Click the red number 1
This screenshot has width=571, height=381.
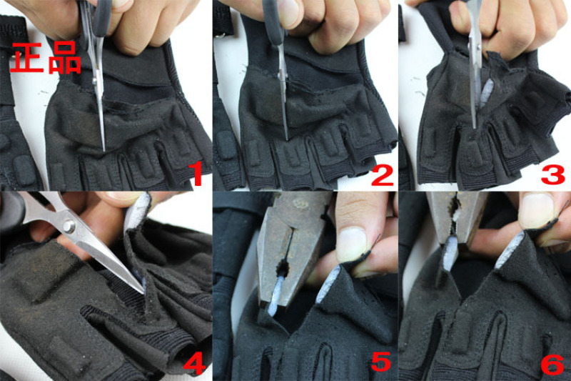[198, 174]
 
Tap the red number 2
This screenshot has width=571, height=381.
[382, 174]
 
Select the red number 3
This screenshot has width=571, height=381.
[553, 174]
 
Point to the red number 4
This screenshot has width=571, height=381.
[194, 362]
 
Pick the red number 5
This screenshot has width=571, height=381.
[381, 361]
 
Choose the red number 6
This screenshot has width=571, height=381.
[552, 362]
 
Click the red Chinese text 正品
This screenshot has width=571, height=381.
[45, 58]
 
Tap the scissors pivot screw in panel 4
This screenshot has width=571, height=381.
[68, 226]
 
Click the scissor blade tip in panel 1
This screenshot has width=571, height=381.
[104, 150]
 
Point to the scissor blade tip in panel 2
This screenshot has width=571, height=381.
[288, 139]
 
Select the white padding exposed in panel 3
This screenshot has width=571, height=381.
[486, 94]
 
